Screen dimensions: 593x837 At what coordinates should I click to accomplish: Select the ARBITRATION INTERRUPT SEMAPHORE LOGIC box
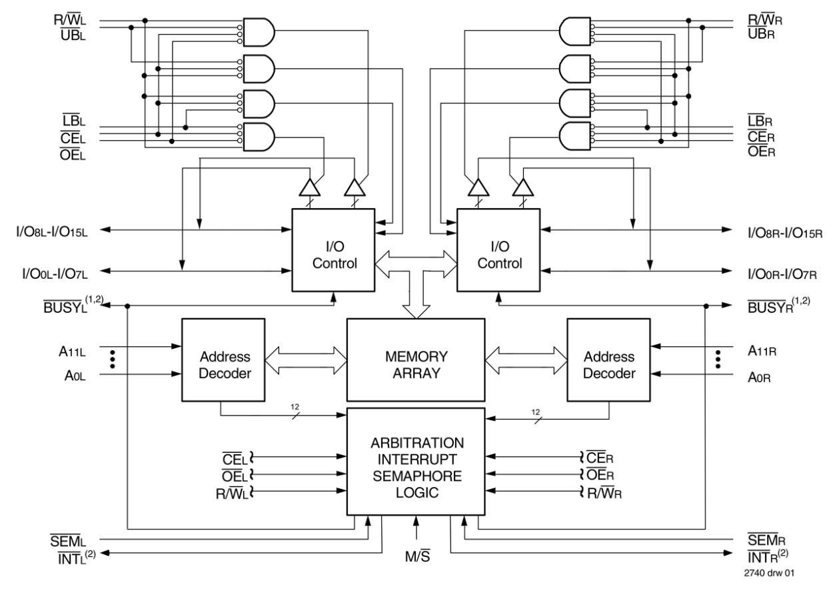tap(417, 468)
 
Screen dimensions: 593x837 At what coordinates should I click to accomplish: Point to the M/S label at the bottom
tap(417, 557)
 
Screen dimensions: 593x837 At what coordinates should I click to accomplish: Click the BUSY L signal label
tap(65, 308)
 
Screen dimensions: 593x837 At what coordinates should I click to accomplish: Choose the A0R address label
tap(759, 377)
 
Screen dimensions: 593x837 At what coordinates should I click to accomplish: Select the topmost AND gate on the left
tap(259, 31)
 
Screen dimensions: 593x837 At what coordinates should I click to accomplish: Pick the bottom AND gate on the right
tap(575, 136)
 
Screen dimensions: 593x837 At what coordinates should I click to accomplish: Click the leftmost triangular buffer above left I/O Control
tap(310, 188)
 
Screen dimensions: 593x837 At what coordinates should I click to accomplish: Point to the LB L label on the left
tap(72, 121)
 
